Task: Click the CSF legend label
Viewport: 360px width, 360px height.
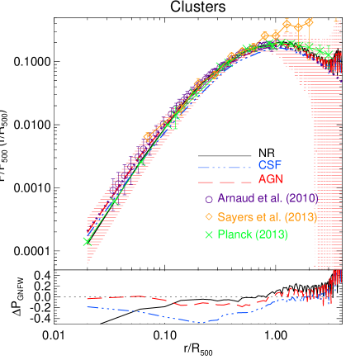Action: point(271,163)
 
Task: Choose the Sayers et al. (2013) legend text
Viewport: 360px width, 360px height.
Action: point(267,216)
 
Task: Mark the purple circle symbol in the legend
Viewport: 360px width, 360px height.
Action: point(208,199)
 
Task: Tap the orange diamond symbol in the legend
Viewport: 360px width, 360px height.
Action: point(208,216)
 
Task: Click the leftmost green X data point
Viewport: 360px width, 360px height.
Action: point(86,241)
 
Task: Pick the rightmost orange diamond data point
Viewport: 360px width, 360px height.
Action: point(309,22)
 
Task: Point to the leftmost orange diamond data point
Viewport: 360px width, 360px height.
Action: point(148,136)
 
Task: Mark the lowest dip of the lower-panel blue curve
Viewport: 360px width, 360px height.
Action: point(199,322)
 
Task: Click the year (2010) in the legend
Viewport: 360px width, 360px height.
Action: point(301,199)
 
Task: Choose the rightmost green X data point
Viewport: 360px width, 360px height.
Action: point(328,54)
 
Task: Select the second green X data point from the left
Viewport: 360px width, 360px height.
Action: point(114,201)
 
